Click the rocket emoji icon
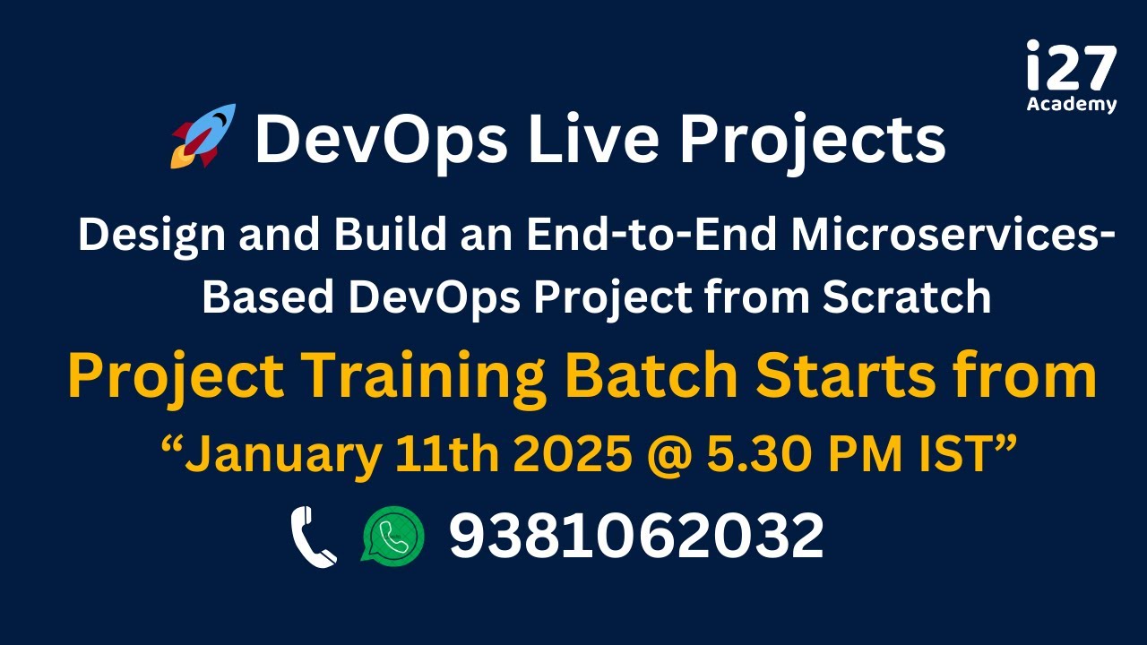[203, 136]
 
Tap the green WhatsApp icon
[392, 535]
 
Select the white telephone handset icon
[314, 537]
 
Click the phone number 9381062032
[636, 536]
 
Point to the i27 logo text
[1072, 67]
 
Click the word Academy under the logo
[1072, 104]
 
